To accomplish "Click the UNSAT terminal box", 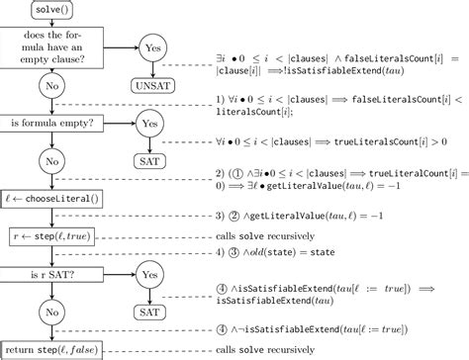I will pos(151,86).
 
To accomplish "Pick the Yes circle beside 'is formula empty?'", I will pos(151,124).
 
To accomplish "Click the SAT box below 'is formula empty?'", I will pos(151,159).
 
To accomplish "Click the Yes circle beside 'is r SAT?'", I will pos(151,274).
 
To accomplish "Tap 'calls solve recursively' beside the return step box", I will pos(273,349).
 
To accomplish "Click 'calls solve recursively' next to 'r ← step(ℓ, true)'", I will pos(273,236).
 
